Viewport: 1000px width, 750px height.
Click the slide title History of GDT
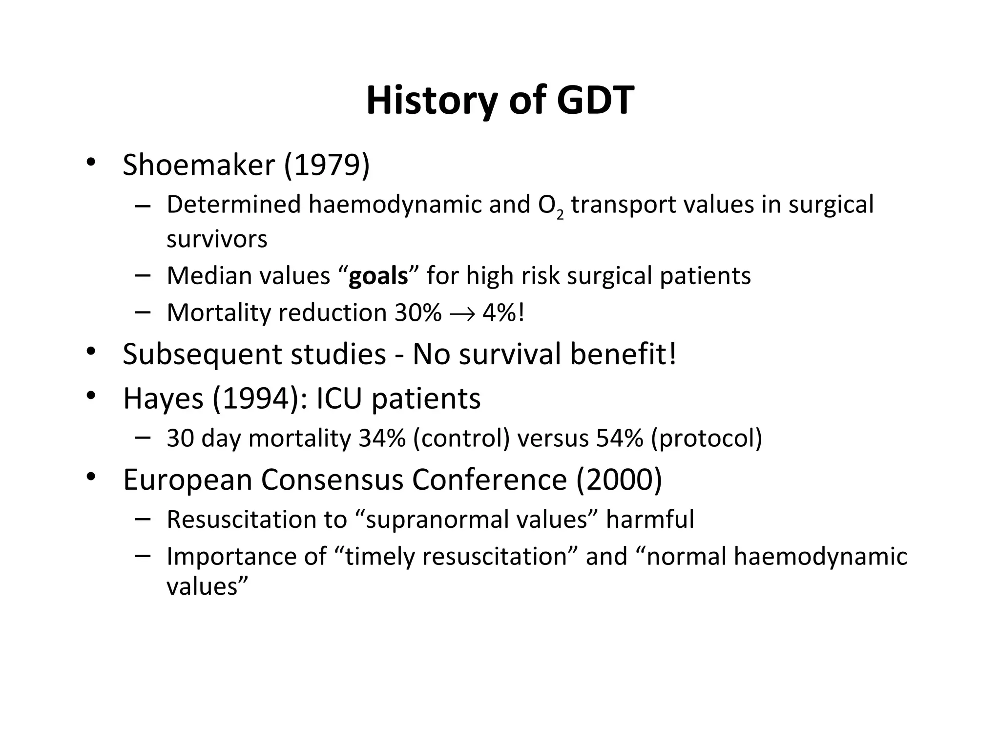[500, 101]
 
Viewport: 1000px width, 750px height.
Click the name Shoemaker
[199, 165]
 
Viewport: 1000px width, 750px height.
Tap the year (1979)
[327, 165]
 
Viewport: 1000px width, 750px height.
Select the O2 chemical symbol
[550, 206]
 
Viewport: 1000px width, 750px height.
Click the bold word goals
[378, 276]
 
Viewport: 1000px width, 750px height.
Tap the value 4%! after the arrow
[503, 312]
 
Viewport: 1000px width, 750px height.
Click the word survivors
[217, 239]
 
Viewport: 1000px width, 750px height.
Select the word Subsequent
[202, 354]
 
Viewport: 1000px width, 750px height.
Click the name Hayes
[163, 398]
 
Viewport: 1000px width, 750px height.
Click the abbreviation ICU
[339, 398]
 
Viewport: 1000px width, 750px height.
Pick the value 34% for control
[382, 438]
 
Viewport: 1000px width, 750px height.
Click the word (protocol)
[706, 438]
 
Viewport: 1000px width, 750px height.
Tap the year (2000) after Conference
[619, 479]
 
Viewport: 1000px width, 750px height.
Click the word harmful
[650, 519]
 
